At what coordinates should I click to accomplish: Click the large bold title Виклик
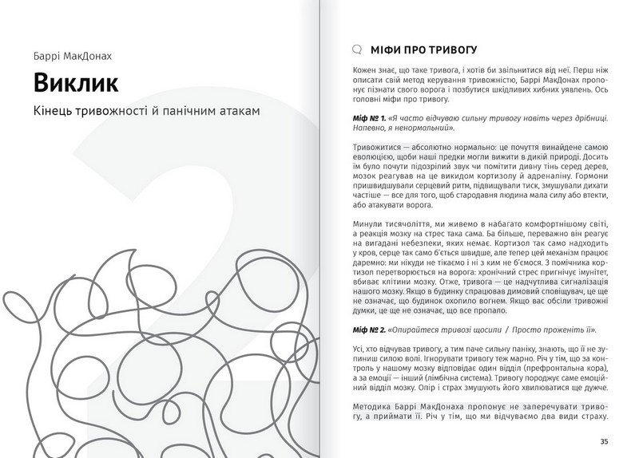(77, 83)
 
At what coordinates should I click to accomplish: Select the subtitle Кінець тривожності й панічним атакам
(147, 112)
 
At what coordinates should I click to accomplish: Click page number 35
(603, 441)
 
